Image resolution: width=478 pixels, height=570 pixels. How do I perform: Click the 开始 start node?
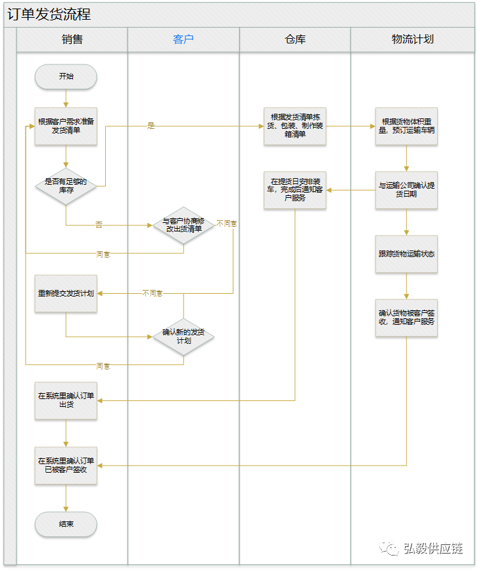tap(66, 76)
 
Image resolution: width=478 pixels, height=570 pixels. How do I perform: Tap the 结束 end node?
tap(66, 525)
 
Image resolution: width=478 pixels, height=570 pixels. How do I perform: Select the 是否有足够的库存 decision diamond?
tap(66, 186)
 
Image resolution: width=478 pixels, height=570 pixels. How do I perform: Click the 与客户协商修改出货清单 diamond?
tap(183, 226)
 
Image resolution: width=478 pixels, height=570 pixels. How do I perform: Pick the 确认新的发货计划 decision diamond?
tap(183, 337)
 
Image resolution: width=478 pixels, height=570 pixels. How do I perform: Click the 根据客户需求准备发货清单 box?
tap(66, 126)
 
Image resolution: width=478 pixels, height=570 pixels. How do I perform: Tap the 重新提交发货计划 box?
tap(66, 293)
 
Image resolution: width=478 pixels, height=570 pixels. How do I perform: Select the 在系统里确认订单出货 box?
tap(66, 400)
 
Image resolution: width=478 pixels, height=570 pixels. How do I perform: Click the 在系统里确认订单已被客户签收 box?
tap(66, 465)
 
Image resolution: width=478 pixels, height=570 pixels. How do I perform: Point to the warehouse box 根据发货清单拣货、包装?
tap(295, 126)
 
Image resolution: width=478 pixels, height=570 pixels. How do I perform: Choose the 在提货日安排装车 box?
tap(295, 190)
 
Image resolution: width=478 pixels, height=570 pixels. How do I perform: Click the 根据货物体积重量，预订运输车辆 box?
tap(406, 126)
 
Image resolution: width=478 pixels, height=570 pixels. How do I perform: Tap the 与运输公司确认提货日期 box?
tap(406, 190)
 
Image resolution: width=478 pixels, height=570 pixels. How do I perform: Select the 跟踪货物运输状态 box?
tap(406, 254)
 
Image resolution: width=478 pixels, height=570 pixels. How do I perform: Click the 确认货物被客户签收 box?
tap(406, 318)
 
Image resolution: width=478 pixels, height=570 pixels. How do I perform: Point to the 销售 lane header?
tap(72, 39)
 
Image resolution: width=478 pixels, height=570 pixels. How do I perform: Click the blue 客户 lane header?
tap(183, 39)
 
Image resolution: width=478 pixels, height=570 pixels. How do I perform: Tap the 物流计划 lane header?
tap(412, 39)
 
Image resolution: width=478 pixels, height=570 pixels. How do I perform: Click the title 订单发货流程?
tap(49, 14)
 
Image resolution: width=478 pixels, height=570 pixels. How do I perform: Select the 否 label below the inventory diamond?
tap(99, 226)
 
